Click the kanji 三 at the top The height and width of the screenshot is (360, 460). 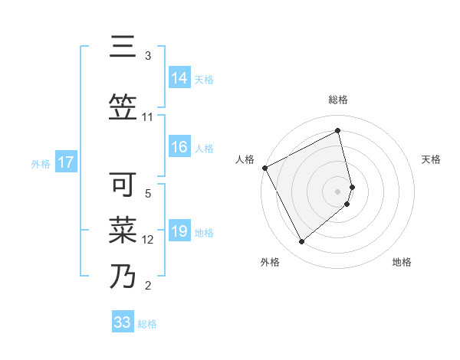[123, 47]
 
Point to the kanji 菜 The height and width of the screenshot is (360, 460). [123, 230]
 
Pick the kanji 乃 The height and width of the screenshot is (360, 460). [123, 276]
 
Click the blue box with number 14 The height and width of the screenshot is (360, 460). [179, 78]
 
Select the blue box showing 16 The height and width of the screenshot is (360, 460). [179, 148]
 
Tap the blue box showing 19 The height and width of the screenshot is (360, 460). [179, 231]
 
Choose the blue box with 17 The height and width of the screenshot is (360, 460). [66, 162]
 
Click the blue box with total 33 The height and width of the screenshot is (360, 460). [123, 322]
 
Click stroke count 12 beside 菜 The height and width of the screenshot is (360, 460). [149, 240]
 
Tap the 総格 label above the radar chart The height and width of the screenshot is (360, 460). [338, 100]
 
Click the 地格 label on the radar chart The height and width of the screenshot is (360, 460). [402, 262]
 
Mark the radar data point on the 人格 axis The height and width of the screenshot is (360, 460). [264, 168]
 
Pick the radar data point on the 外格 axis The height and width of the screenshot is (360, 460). [301, 242]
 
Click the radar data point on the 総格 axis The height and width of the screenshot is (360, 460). [338, 131]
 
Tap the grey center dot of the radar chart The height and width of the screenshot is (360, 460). [338, 190]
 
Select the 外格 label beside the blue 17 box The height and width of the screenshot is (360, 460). [41, 163]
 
